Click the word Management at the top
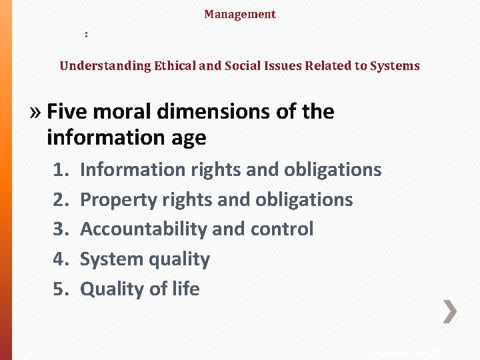point(240,14)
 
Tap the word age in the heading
point(188,138)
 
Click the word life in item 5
point(185,289)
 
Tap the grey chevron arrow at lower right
point(451,311)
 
